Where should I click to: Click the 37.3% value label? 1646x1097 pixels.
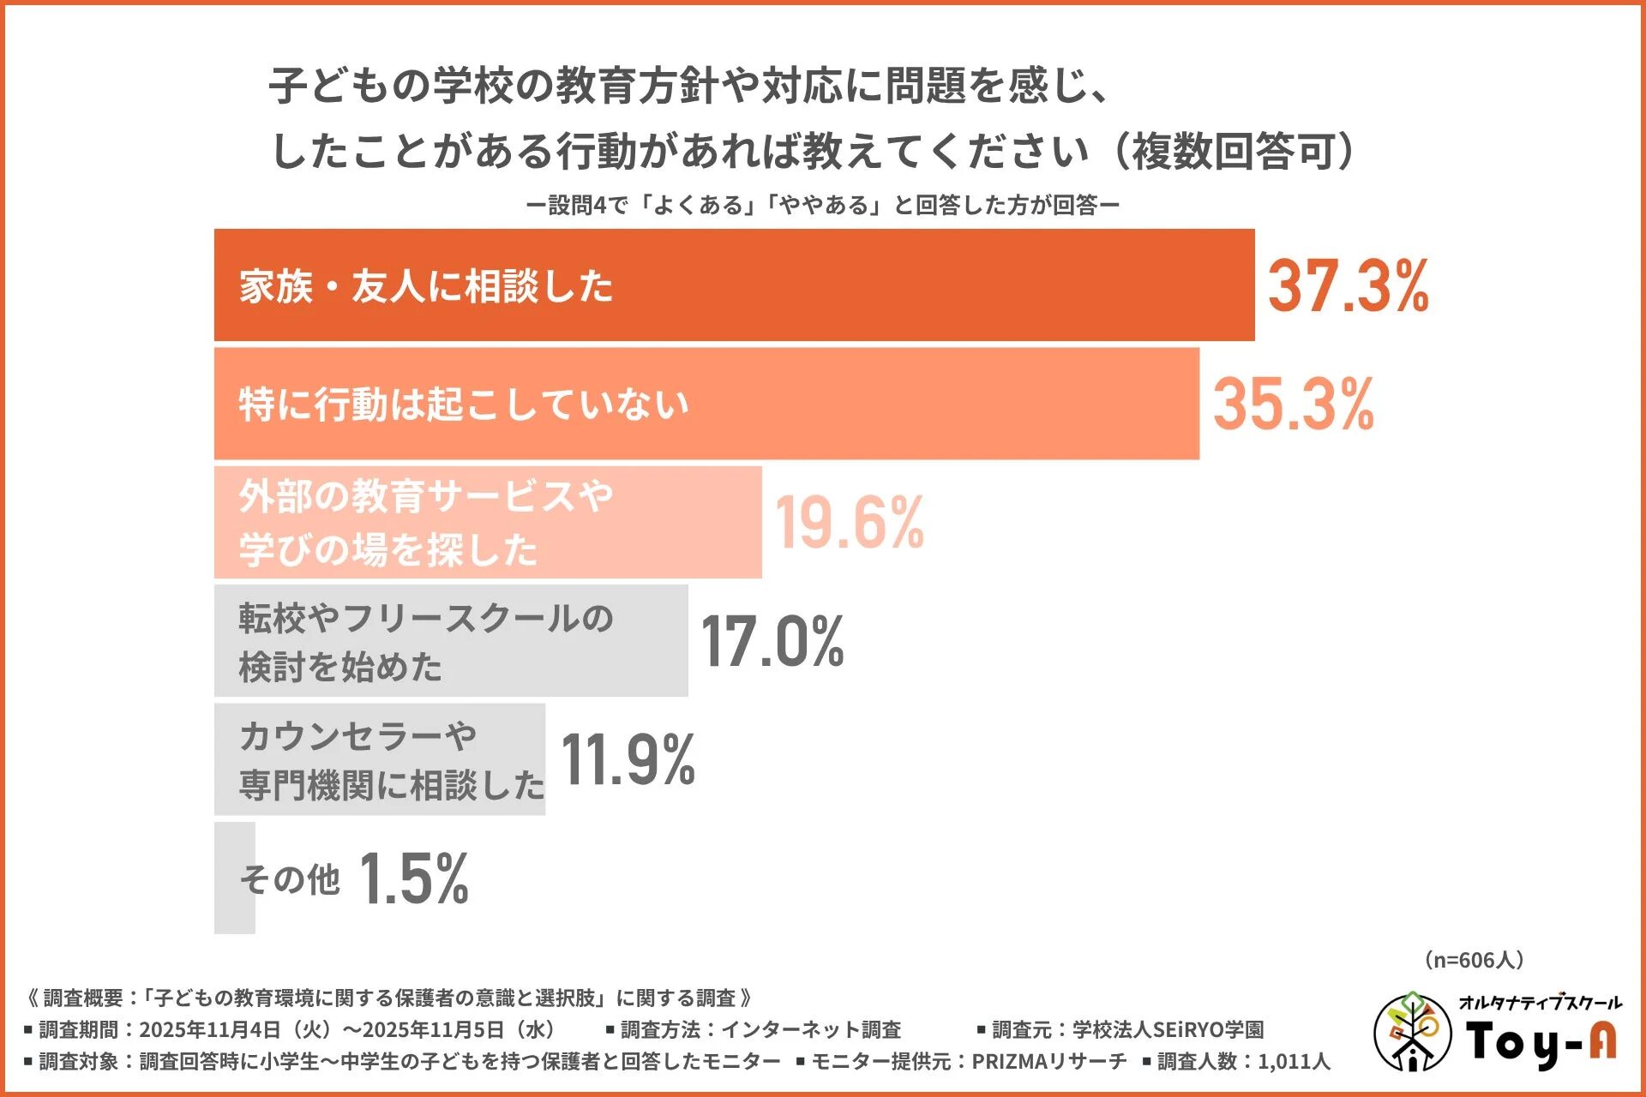coord(1348,285)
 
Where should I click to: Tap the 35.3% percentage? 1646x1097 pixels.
coord(1293,405)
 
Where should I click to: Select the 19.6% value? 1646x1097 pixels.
coord(849,522)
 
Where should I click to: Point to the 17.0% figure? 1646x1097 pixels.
coord(772,641)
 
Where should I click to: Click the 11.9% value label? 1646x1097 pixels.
coord(628,760)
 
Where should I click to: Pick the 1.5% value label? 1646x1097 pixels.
coord(413,878)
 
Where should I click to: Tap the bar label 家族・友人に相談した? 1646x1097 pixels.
coord(426,286)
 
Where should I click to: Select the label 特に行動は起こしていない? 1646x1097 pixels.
coord(464,405)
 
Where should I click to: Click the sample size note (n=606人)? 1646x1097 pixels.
coord(1474,960)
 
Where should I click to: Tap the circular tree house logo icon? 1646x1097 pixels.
coord(1411,1033)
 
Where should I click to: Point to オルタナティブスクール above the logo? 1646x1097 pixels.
coord(1540,1003)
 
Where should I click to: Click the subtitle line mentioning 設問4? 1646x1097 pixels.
coord(822,206)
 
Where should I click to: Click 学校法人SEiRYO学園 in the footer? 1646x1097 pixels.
coord(1168,1029)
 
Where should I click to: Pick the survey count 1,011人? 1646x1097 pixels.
coord(1294,1062)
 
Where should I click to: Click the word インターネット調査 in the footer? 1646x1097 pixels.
coord(810,1029)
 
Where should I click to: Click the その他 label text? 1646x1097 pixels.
coord(290,879)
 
